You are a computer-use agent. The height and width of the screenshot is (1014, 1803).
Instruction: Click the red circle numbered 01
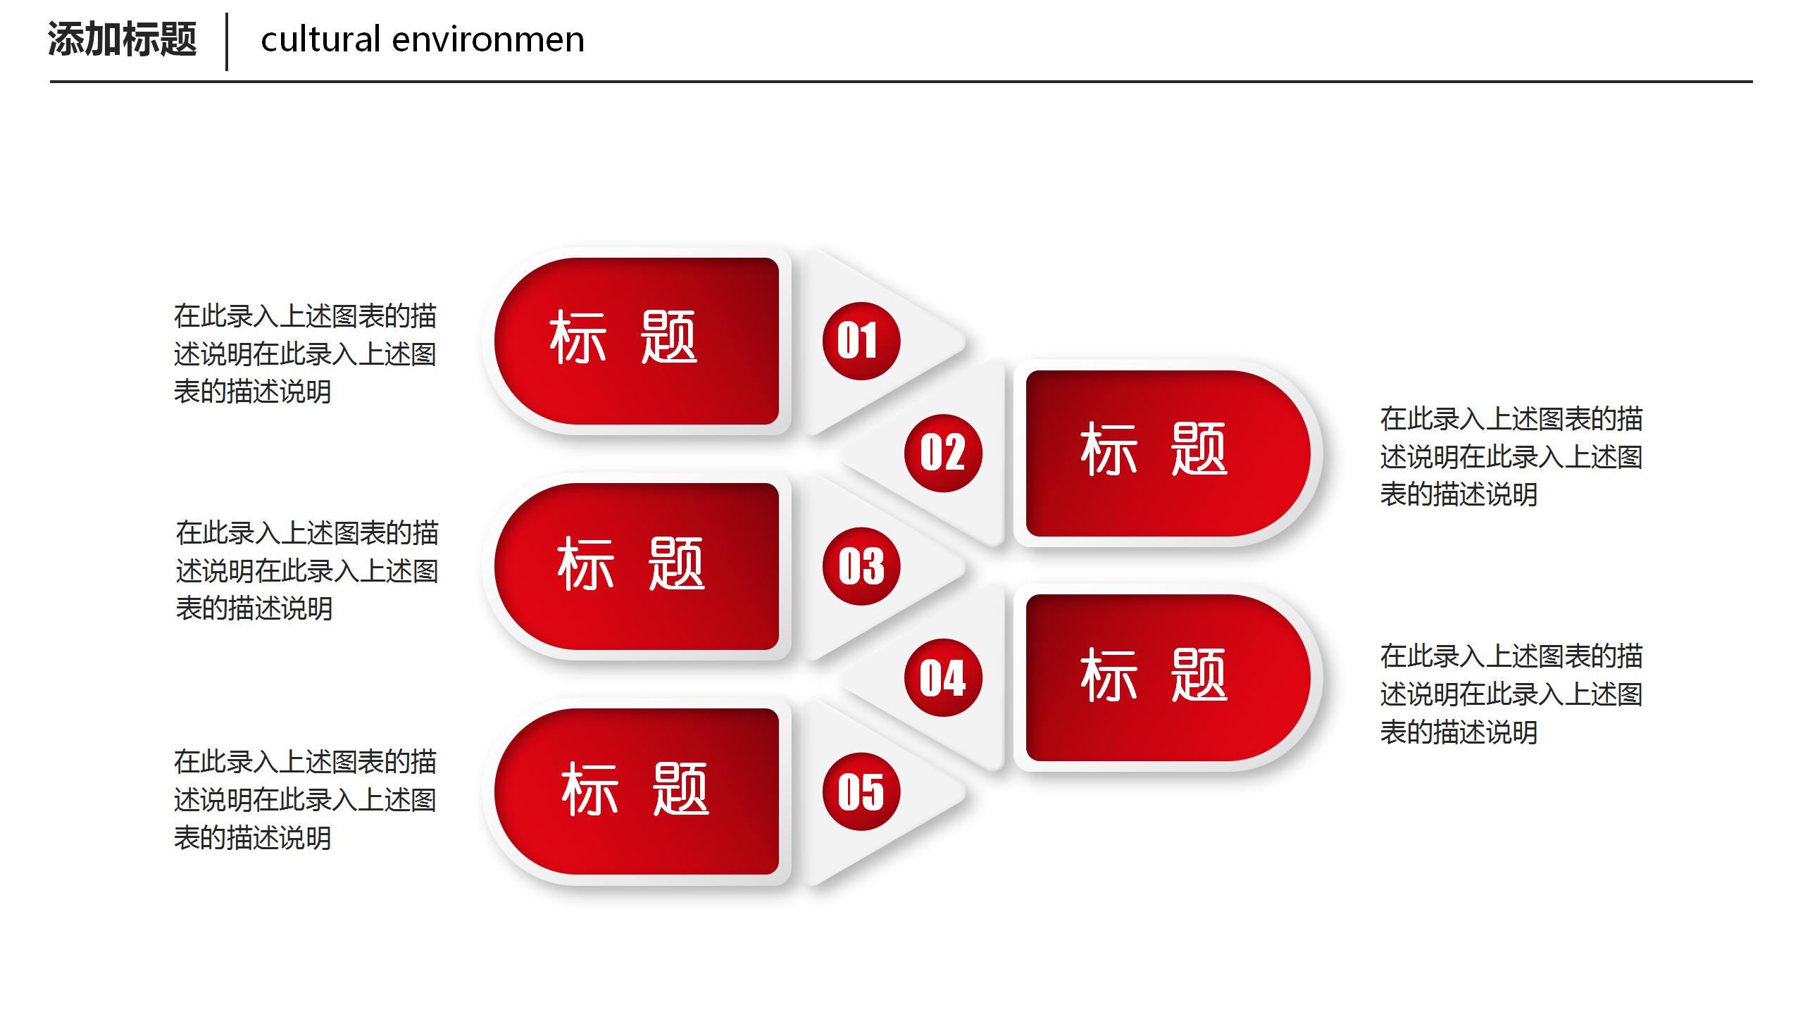861,341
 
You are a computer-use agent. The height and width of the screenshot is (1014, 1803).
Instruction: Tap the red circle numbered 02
943,453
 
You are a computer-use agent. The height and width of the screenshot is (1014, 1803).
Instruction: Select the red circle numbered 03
861,566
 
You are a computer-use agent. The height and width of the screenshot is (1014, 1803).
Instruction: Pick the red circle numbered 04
943,677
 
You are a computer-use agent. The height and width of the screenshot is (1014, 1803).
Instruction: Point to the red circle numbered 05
861,791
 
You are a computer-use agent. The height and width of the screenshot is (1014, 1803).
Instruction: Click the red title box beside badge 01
637,341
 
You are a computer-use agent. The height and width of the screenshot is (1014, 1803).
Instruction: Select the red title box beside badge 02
1168,453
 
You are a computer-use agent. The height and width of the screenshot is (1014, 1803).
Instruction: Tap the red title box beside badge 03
637,566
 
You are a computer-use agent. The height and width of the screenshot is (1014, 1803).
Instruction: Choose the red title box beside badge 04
1168,677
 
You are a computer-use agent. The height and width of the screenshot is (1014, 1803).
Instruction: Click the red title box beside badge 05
637,791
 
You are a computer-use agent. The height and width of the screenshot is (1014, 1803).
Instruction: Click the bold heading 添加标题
123,39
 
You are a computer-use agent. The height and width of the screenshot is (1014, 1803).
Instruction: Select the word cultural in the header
320,39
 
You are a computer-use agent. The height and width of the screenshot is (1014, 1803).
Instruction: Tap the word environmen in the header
488,40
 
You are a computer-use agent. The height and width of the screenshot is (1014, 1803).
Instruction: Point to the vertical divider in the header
227,42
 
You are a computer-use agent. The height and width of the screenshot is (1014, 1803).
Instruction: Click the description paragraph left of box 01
306,353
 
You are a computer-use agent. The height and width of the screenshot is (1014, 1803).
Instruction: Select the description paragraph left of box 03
307,570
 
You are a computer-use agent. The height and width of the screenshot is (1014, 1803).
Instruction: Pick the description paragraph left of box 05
306,799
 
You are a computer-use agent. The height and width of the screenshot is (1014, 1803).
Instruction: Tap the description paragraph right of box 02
1511,456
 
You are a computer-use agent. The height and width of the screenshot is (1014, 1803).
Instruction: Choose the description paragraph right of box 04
1511,694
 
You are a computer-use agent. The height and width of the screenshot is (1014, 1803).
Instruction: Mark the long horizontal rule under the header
901,82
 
